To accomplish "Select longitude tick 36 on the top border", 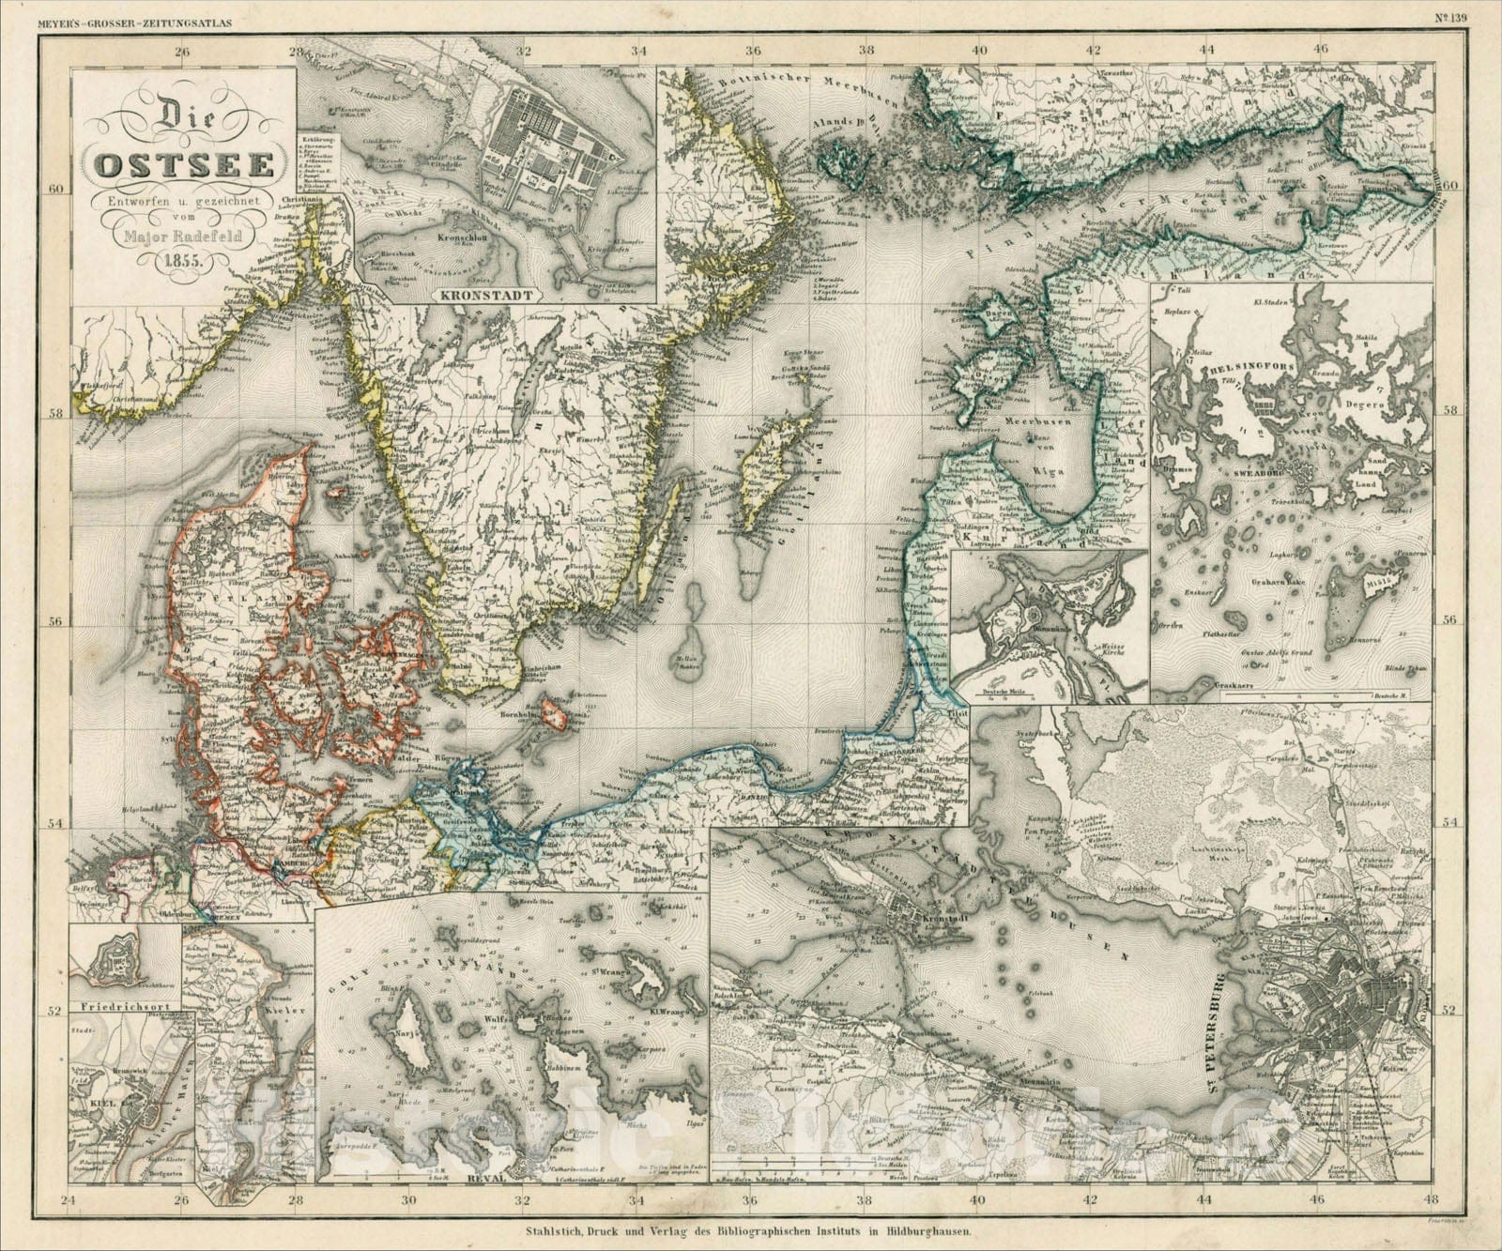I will click(x=753, y=49).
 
